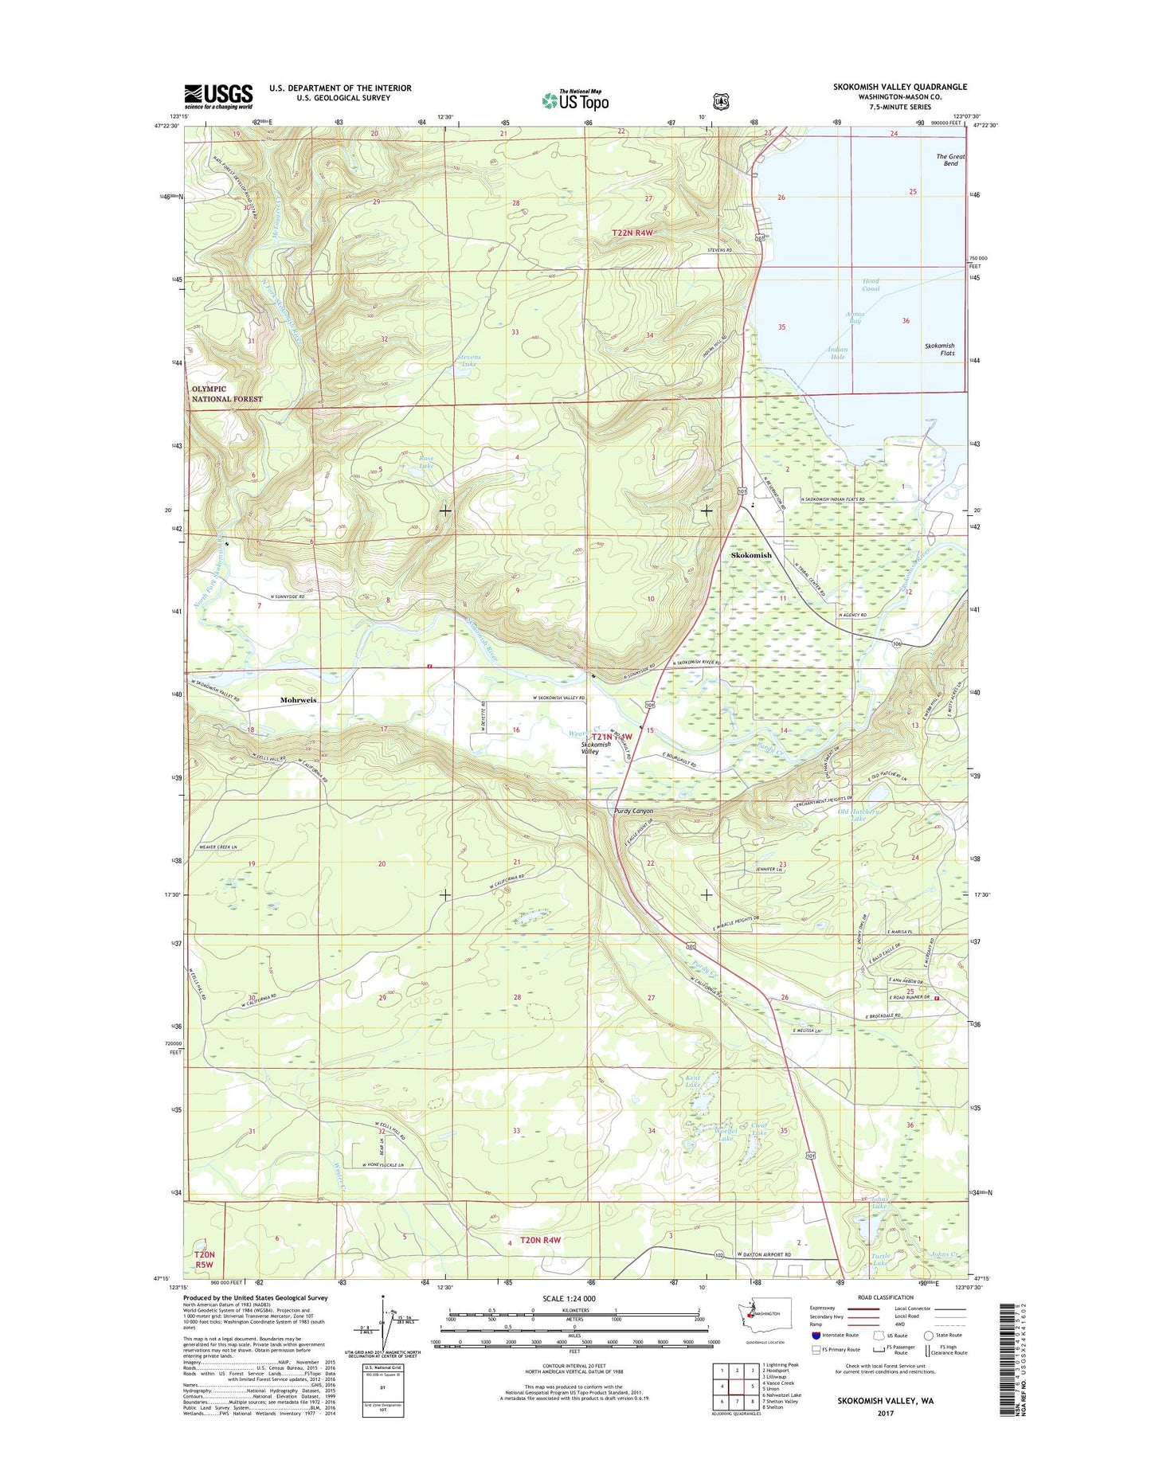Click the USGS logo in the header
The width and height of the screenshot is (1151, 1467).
click(x=218, y=96)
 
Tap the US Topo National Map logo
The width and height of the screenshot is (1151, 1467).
click(x=575, y=100)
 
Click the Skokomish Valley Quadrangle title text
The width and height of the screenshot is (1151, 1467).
click(x=899, y=87)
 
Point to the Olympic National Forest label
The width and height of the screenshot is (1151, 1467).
click(x=226, y=394)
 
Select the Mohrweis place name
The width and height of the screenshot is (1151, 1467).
click(x=298, y=700)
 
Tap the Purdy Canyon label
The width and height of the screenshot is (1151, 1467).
click(x=634, y=811)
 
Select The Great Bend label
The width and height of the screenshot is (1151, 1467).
click(x=949, y=160)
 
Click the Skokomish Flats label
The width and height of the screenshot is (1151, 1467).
click(x=939, y=349)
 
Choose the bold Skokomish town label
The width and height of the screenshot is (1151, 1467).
click(x=751, y=555)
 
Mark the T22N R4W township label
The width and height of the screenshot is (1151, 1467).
click(x=632, y=233)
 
